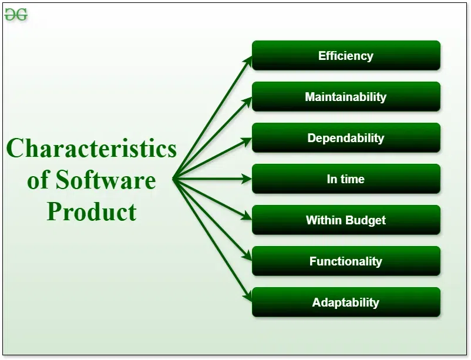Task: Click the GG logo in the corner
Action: coord(16,15)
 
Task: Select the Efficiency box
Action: coord(346,56)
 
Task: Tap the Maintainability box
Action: coord(346,97)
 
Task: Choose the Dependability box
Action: coord(346,138)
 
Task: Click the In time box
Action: coord(346,179)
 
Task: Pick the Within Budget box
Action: coord(346,220)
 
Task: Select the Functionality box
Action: coord(346,261)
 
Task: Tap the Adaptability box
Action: coord(346,302)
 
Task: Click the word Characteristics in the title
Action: coord(92,148)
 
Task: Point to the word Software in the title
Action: coord(106,180)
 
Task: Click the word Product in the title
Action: coord(92,211)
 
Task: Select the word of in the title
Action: coord(38,180)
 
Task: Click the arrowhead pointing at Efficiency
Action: coord(248,59)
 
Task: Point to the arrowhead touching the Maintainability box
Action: coord(247,100)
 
